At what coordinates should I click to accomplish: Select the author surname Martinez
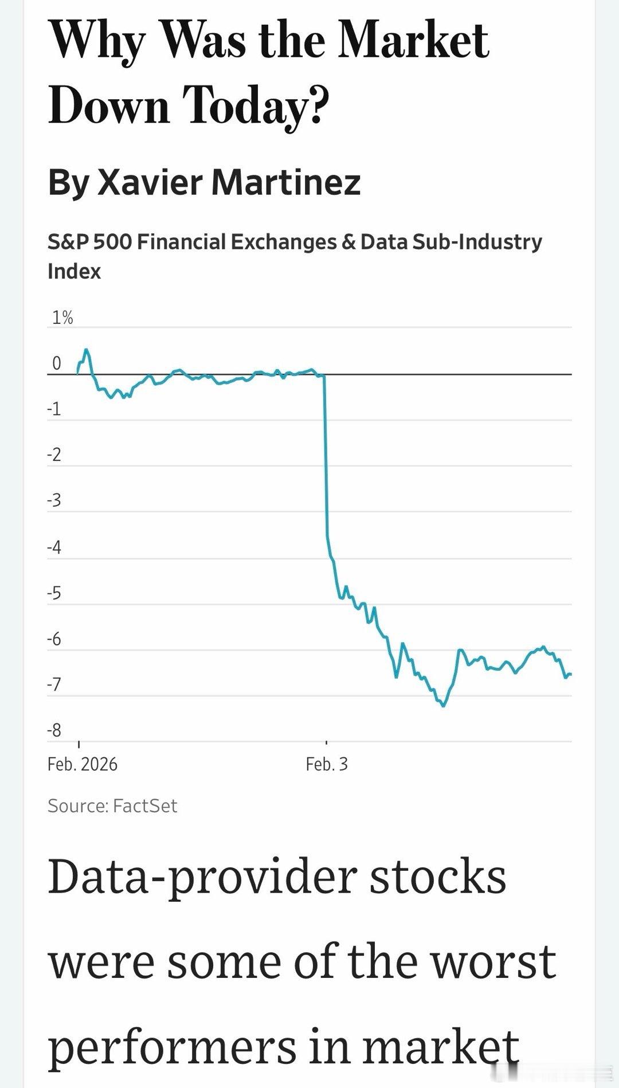[x=286, y=182]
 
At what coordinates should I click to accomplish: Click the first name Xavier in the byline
[x=150, y=182]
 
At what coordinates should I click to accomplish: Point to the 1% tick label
[x=62, y=318]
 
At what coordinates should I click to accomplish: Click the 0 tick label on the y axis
[x=57, y=363]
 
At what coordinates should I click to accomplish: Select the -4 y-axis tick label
[x=54, y=547]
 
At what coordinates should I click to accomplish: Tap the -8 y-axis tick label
[x=54, y=730]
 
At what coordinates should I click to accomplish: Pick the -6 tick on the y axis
[x=54, y=639]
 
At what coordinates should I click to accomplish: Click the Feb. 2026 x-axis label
[x=83, y=764]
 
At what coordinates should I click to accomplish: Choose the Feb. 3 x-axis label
[x=327, y=764]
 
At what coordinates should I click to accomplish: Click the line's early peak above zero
[x=86, y=349]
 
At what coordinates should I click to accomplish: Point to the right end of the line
[x=571, y=674]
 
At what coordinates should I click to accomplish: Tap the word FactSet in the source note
[x=145, y=806]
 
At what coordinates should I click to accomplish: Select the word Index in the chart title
[x=74, y=271]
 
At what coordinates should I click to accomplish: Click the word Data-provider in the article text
[x=203, y=878]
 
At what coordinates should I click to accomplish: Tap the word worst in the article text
[x=493, y=962]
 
